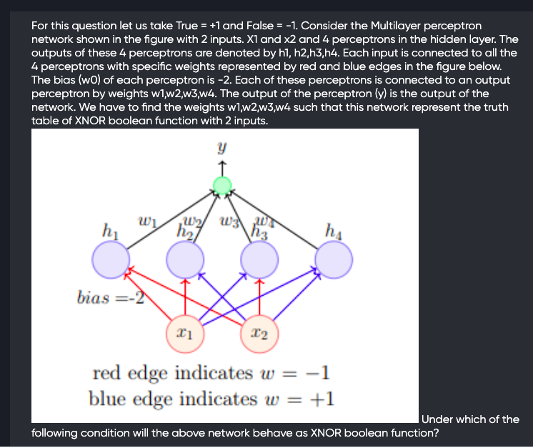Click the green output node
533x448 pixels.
point(223,186)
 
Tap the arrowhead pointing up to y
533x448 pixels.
point(223,165)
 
